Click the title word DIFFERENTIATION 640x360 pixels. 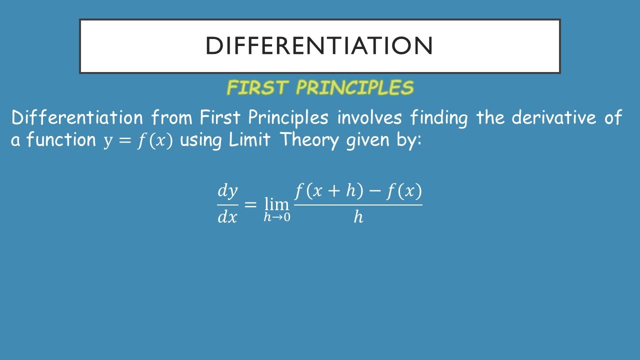319,46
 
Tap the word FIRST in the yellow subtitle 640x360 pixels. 257,88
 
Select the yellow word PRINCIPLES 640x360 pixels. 354,88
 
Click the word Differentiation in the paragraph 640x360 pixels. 77,118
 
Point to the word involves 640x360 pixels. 369,118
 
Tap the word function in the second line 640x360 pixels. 61,140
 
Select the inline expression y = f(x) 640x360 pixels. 138,141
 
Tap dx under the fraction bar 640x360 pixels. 227,217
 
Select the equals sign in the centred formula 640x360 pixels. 250,204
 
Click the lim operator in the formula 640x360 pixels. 276,203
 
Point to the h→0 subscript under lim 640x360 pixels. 277,217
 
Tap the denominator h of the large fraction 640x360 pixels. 358,216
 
